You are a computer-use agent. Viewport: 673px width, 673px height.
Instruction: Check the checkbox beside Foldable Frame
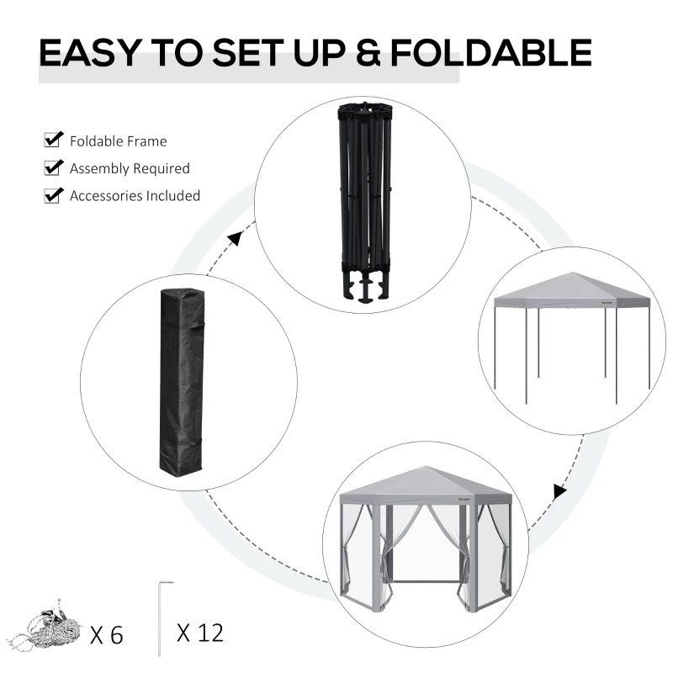[x=54, y=140]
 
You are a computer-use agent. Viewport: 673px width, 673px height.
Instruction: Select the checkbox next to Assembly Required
[x=54, y=167]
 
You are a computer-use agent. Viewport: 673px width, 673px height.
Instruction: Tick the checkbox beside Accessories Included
[x=54, y=195]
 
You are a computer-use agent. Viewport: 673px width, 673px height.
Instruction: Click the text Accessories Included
[x=135, y=196]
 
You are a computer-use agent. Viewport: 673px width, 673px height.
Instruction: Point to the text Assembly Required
[x=130, y=168]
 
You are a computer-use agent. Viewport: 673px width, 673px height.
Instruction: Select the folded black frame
[x=362, y=193]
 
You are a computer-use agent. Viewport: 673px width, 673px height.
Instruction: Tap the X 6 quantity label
[x=106, y=633]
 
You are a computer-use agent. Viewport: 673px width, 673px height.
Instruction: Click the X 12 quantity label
[x=200, y=632]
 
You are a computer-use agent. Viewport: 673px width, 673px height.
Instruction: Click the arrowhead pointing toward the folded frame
[x=235, y=240]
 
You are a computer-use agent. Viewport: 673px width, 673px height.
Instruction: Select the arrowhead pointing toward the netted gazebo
[x=559, y=491]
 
